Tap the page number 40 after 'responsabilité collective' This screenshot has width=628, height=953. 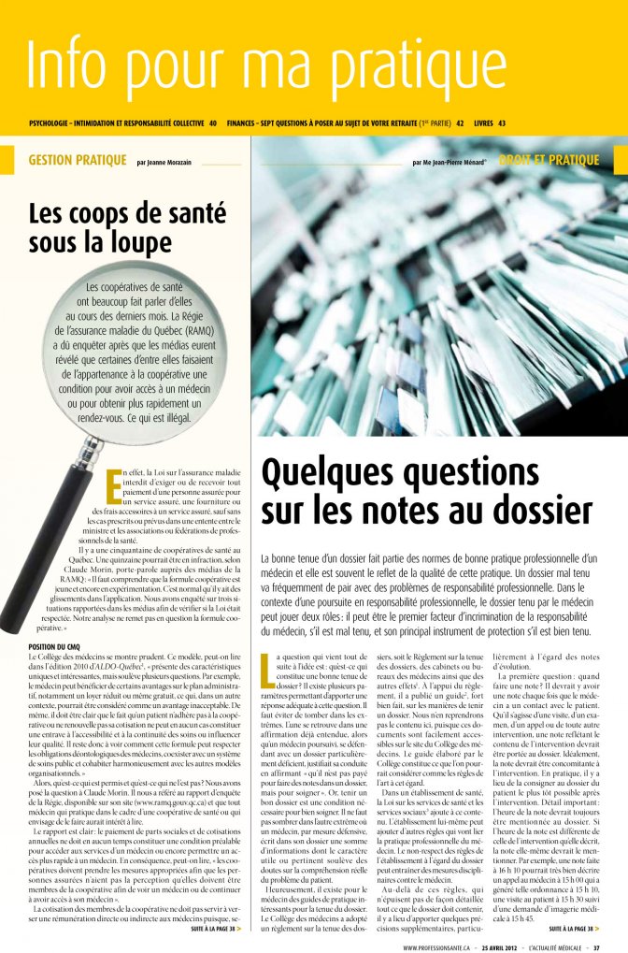(213, 123)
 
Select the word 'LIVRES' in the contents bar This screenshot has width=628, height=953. (484, 123)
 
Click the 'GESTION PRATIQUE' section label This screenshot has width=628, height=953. (77, 160)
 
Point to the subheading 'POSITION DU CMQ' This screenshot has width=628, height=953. (58, 646)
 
